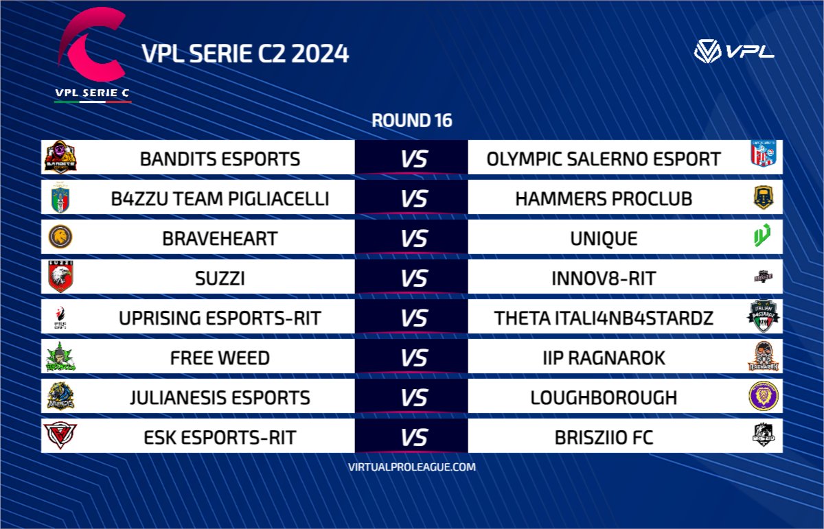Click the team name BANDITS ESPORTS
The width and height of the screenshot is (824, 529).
[220, 159]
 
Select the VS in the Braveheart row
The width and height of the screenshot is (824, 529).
[414, 239]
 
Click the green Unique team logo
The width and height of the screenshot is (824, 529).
[762, 237]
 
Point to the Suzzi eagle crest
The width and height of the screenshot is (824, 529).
[60, 277]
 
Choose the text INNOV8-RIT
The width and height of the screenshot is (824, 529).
[604, 279]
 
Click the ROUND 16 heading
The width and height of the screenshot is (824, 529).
[411, 121]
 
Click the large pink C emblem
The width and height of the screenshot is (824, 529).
[93, 49]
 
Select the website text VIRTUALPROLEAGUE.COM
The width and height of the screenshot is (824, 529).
[411, 467]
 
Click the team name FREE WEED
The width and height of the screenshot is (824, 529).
[220, 358]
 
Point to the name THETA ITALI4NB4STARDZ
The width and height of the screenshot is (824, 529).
[604, 318]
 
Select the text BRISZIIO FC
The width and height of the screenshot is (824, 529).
[604, 438]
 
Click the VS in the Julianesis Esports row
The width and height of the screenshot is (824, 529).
[414, 398]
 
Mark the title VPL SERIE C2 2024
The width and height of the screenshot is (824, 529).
[244, 54]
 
